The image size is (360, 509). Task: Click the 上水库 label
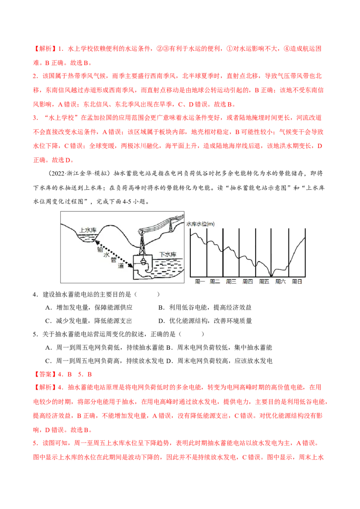88,230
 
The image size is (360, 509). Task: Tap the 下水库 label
168,254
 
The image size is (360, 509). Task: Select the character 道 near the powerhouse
120,266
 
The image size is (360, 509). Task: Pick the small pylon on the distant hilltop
171,227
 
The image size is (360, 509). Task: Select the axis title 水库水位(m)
201,224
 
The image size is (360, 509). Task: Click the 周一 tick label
200,282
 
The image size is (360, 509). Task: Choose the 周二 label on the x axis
215,282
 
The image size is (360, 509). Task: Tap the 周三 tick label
231,282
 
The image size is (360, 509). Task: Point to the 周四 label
247,282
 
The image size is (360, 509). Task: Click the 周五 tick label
264,282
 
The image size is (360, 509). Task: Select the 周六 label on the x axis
280,282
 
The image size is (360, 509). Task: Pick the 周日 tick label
296,282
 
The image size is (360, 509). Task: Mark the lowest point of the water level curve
271,276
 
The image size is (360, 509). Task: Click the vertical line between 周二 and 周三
223,252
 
